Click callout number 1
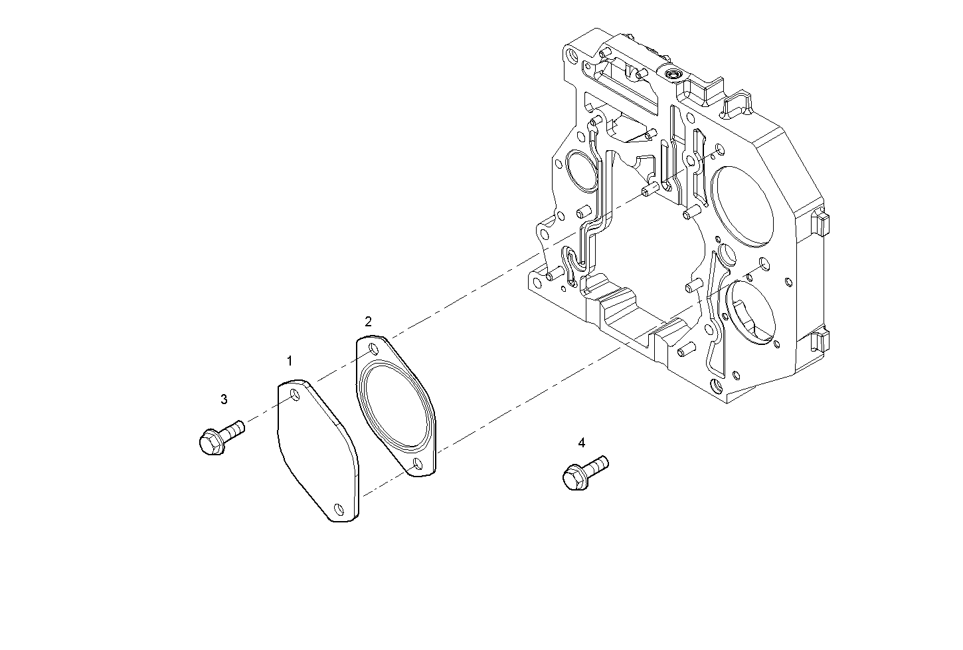(290, 361)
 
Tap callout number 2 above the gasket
(368, 322)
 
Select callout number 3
(224, 399)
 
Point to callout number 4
(582, 443)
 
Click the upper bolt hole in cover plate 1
(294, 397)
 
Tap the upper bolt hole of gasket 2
(373, 349)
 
